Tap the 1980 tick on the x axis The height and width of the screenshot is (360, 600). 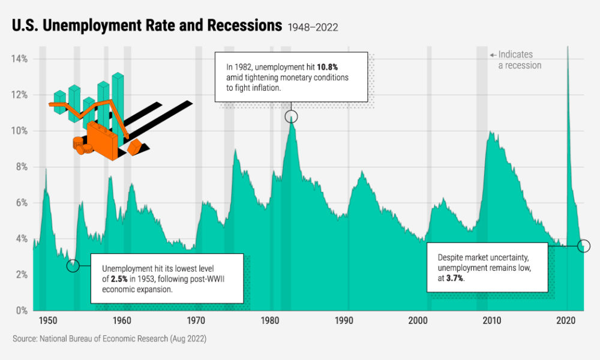(x=270, y=320)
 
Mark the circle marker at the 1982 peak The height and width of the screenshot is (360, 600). (x=291, y=116)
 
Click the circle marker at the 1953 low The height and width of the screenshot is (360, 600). (x=73, y=266)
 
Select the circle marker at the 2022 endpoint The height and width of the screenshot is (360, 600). (x=584, y=246)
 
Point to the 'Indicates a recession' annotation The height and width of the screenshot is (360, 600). (x=520, y=59)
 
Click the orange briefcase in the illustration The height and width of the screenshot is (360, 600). (x=104, y=140)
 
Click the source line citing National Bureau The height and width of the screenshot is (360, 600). (x=109, y=339)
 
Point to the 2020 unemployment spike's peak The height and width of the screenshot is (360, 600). (x=568, y=48)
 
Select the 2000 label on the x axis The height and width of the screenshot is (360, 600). (x=418, y=320)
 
